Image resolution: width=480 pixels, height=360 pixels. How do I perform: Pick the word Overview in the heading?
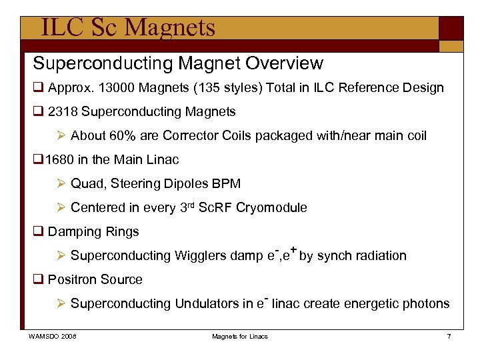(x=285, y=63)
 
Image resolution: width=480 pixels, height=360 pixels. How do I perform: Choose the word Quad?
(x=87, y=184)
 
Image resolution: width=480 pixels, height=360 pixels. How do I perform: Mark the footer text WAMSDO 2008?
(x=52, y=337)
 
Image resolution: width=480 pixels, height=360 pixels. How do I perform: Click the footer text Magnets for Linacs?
(x=240, y=337)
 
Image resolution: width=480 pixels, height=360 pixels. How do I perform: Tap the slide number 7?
(x=449, y=337)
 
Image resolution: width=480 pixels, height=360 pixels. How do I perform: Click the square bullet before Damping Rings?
(x=38, y=232)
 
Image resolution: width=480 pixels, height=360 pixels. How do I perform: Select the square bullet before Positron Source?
(x=38, y=280)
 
